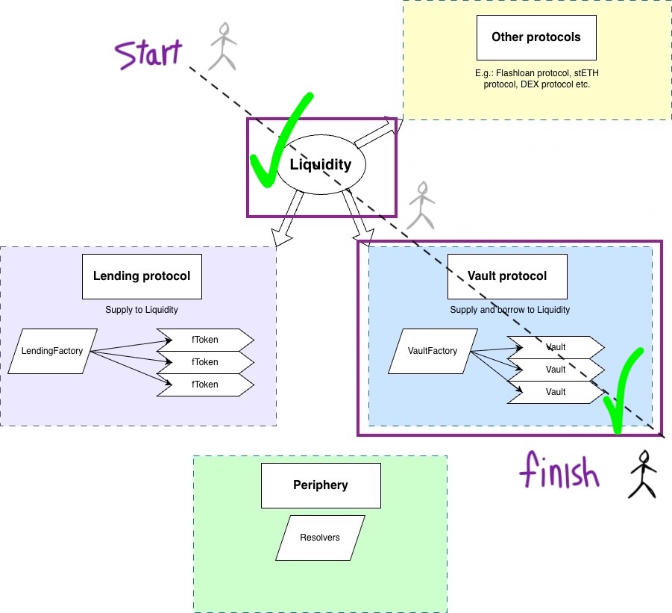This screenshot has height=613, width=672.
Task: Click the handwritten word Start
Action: (x=148, y=54)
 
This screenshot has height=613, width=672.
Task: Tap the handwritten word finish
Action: (x=559, y=470)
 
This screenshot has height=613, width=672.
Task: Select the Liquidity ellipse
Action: (x=321, y=164)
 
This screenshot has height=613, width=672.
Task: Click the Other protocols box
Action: (x=536, y=38)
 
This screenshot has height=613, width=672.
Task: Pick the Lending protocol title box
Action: (x=142, y=276)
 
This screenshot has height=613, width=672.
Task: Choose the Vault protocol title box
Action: (x=507, y=276)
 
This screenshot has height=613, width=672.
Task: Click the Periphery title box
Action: (x=321, y=485)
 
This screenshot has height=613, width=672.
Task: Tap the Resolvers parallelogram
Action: (x=320, y=538)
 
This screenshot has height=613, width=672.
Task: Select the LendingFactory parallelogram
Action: (x=52, y=351)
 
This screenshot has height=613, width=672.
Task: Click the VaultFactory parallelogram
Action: (x=433, y=351)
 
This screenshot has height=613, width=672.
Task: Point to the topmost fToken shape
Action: (x=205, y=340)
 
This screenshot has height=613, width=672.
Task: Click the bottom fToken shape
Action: (x=205, y=385)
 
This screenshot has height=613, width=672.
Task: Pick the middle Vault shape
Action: (x=556, y=370)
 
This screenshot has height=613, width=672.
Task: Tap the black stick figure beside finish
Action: (x=642, y=474)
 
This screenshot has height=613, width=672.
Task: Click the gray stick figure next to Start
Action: (x=222, y=46)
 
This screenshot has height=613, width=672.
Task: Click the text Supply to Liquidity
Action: (x=142, y=310)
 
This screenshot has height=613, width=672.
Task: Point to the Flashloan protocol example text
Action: (x=536, y=78)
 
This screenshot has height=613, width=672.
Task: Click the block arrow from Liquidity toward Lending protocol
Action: (x=286, y=219)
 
